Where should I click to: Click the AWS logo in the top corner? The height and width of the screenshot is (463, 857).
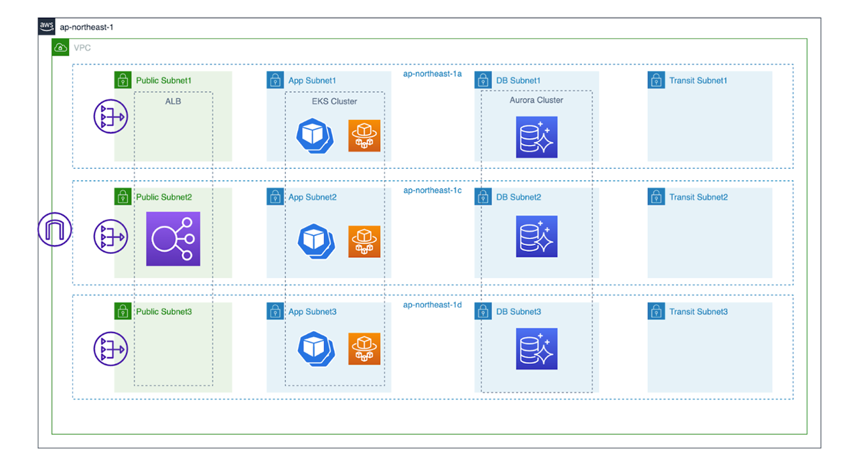(x=47, y=26)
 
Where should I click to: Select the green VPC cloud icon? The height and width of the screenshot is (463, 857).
(x=61, y=48)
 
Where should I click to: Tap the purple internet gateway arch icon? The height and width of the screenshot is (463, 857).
(x=54, y=229)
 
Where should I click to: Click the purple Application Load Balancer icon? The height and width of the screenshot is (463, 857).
(x=173, y=239)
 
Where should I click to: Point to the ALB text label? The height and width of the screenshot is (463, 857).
(x=173, y=102)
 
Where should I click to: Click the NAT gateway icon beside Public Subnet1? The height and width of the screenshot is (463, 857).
(x=110, y=117)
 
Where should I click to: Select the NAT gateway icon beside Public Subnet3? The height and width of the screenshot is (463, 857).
(x=110, y=349)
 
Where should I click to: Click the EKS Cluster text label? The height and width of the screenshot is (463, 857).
(x=334, y=102)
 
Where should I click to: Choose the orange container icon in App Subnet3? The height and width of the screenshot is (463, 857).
(x=364, y=348)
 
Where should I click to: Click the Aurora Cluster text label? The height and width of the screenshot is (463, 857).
(x=536, y=101)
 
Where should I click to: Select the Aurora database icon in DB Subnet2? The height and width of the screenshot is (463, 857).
(x=536, y=237)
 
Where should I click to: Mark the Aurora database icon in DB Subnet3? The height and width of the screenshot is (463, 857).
(x=536, y=348)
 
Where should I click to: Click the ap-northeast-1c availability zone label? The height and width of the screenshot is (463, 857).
(x=432, y=190)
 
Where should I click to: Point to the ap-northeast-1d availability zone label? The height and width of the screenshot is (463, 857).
(x=432, y=305)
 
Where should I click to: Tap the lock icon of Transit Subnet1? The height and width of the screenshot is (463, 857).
(x=656, y=80)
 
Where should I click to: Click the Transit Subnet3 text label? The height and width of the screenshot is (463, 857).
(x=698, y=312)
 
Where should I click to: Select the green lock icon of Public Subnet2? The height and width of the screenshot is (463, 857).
(x=123, y=196)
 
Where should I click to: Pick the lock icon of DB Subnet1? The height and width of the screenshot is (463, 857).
(x=483, y=80)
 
